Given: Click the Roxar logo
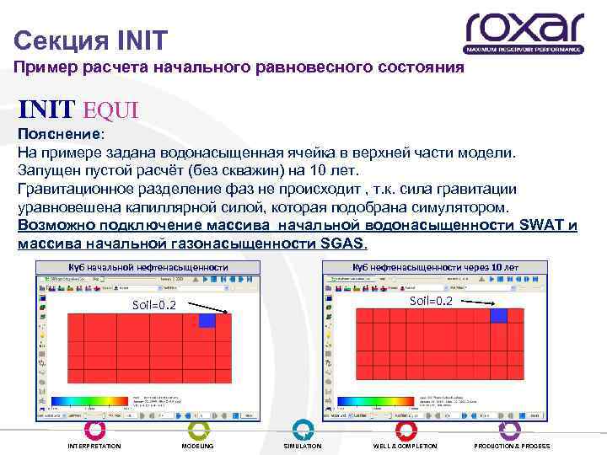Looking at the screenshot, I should (524, 33).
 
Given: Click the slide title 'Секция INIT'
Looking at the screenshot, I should (91, 39).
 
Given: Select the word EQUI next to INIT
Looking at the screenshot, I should (110, 110).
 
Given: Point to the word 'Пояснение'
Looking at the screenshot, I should (60, 135).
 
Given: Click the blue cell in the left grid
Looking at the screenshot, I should (207, 321).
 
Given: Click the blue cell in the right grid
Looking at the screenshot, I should (499, 315).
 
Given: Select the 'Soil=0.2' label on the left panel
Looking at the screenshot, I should (154, 305).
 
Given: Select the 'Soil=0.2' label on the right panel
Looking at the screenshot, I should (431, 301).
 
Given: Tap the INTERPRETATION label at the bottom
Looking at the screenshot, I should (94, 446).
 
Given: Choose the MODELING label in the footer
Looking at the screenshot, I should (198, 446).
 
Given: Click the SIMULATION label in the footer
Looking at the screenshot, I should (302, 446).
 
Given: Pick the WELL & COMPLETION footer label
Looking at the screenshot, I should (406, 446).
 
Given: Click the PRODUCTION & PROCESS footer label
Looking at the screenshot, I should (512, 446).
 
